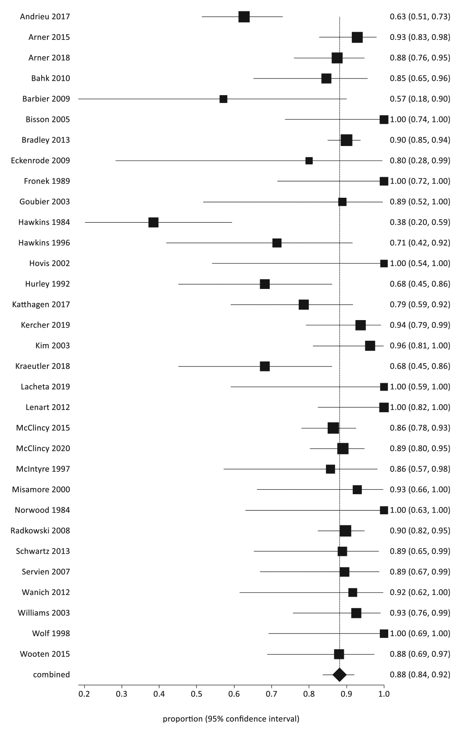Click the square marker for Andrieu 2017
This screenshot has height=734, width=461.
(244, 17)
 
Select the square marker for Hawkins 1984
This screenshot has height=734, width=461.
(154, 222)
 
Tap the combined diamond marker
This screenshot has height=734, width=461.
(339, 675)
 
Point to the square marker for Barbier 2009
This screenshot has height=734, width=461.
(223, 99)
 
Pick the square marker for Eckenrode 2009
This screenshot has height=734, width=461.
(309, 160)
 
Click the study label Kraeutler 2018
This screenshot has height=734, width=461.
(43, 366)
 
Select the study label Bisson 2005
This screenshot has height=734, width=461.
(48, 119)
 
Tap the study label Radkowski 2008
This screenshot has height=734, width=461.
(40, 531)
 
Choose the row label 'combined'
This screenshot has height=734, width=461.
(51, 674)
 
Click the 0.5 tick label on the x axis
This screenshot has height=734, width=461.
(197, 694)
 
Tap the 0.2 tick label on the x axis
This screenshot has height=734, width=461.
(84, 694)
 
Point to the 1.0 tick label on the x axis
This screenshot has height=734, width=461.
(384, 694)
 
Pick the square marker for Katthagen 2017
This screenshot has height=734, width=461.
(304, 304)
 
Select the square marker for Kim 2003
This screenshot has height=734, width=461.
(370, 346)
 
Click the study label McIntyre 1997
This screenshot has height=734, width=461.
(43, 469)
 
